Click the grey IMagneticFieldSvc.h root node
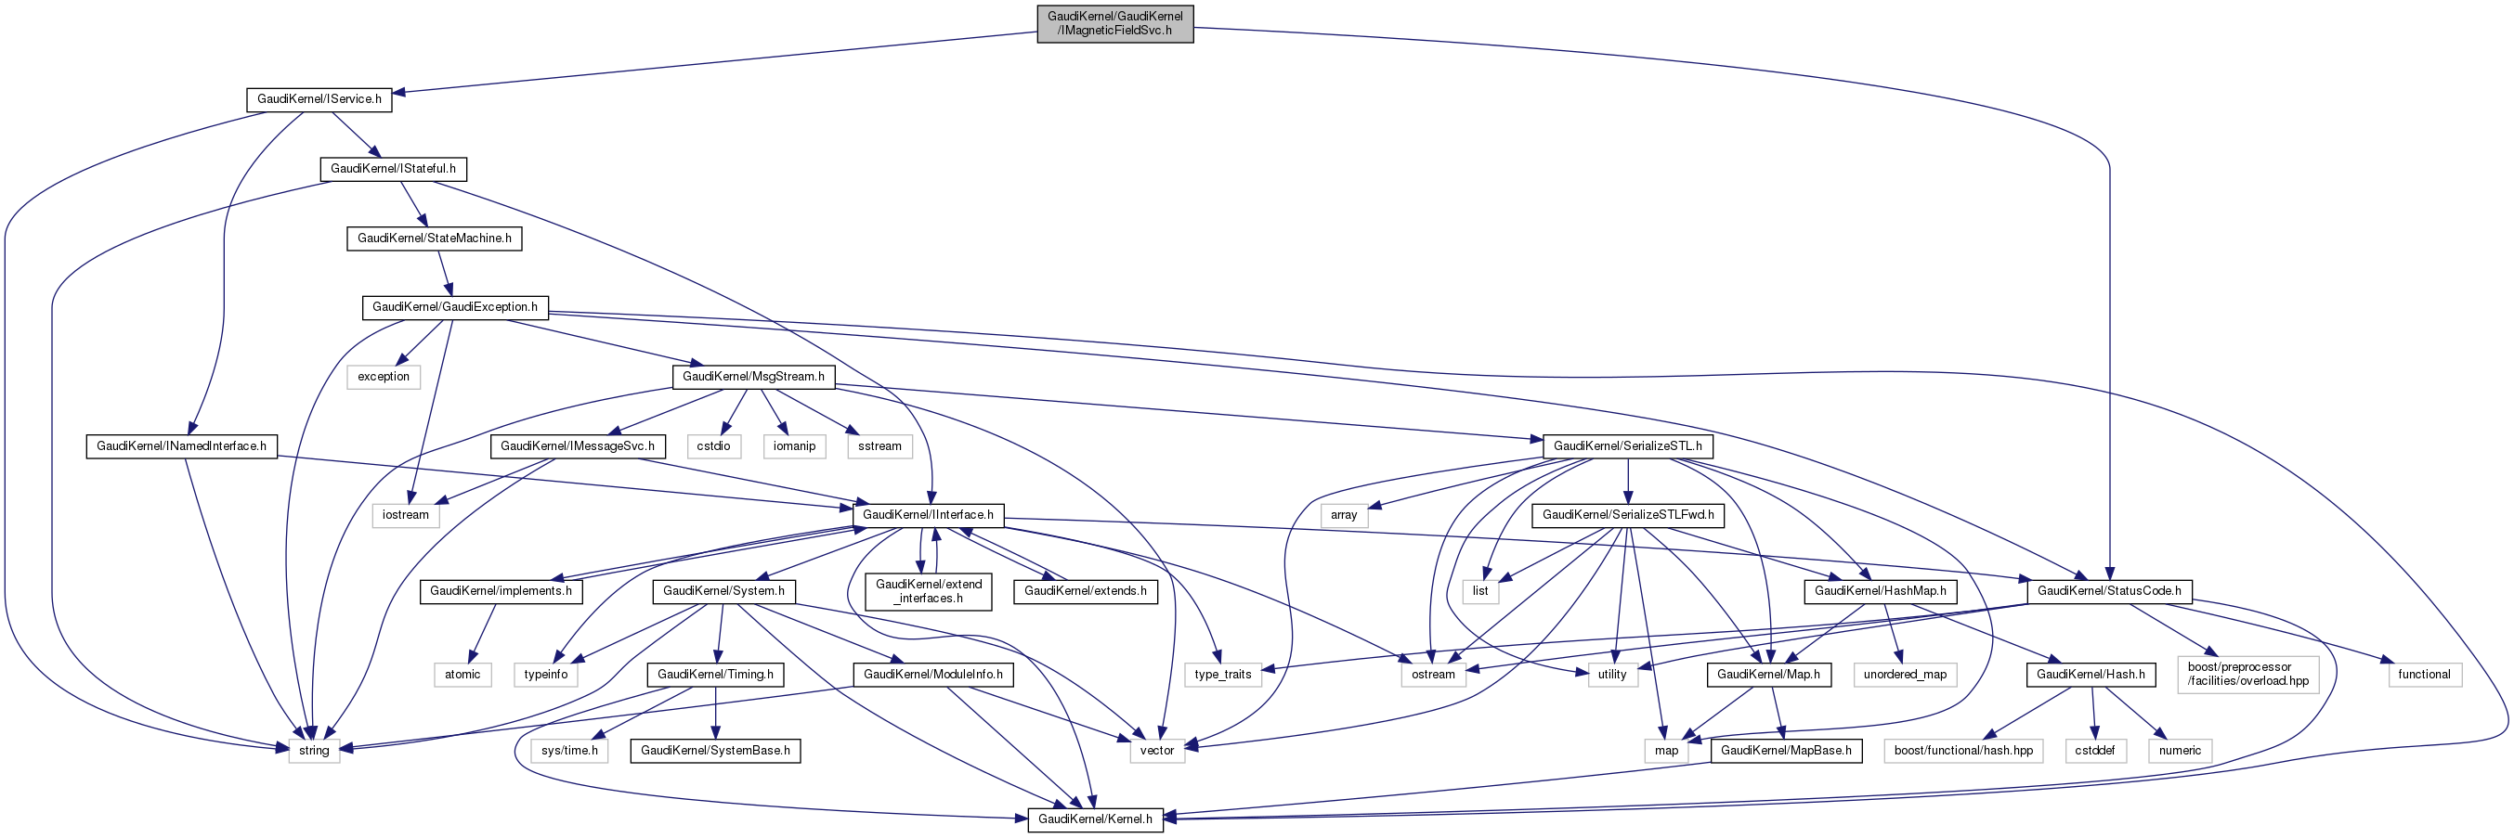pyautogui.click(x=1114, y=23)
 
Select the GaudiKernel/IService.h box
pyautogui.click(x=319, y=99)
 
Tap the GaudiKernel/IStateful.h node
pyautogui.click(x=393, y=169)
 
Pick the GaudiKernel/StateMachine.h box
pyautogui.click(x=435, y=238)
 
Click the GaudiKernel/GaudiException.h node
pyautogui.click(x=455, y=307)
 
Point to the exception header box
pyautogui.click(x=384, y=377)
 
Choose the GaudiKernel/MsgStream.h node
pyautogui.click(x=753, y=377)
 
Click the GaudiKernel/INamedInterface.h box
pyautogui.click(x=181, y=445)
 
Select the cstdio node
pyautogui.click(x=713, y=445)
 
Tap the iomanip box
pyautogui.click(x=794, y=445)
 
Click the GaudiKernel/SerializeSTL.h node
pyautogui.click(x=1628, y=445)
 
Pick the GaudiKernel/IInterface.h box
pyautogui.click(x=928, y=515)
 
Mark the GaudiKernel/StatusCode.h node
pyautogui.click(x=2109, y=591)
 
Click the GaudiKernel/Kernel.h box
pyautogui.click(x=1095, y=819)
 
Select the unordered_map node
pyautogui.click(x=1905, y=674)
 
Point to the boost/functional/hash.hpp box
pyautogui.click(x=1963, y=750)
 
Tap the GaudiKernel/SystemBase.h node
pyautogui.click(x=715, y=750)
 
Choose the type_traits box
pyautogui.click(x=1223, y=674)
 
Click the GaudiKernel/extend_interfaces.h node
pyautogui.click(x=928, y=591)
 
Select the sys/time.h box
pyautogui.click(x=570, y=750)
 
